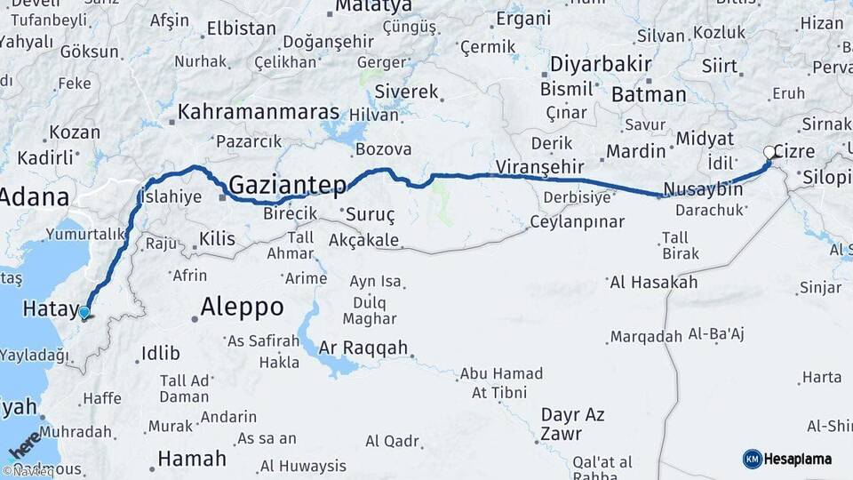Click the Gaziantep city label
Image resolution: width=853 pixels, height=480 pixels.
coord(287,185)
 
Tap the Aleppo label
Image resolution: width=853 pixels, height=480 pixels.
coord(242,308)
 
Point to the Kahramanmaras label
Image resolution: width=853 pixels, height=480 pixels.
coord(259,113)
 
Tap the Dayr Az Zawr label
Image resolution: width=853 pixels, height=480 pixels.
coord(572,424)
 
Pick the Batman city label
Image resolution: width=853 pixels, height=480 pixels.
coord(649,94)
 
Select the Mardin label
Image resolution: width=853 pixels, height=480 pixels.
coord(635,151)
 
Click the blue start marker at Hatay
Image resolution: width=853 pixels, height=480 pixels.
coord(84,312)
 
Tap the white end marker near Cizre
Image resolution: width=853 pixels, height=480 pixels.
coord(769,153)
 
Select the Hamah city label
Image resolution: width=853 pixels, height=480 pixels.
coord(191,460)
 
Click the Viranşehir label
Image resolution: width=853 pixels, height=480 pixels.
coord(539,167)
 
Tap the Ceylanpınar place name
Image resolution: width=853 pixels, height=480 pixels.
coord(578,221)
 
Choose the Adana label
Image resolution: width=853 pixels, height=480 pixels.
coord(34,197)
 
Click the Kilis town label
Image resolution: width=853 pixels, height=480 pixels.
coord(218,239)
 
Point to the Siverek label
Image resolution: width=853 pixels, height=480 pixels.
coord(406,92)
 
